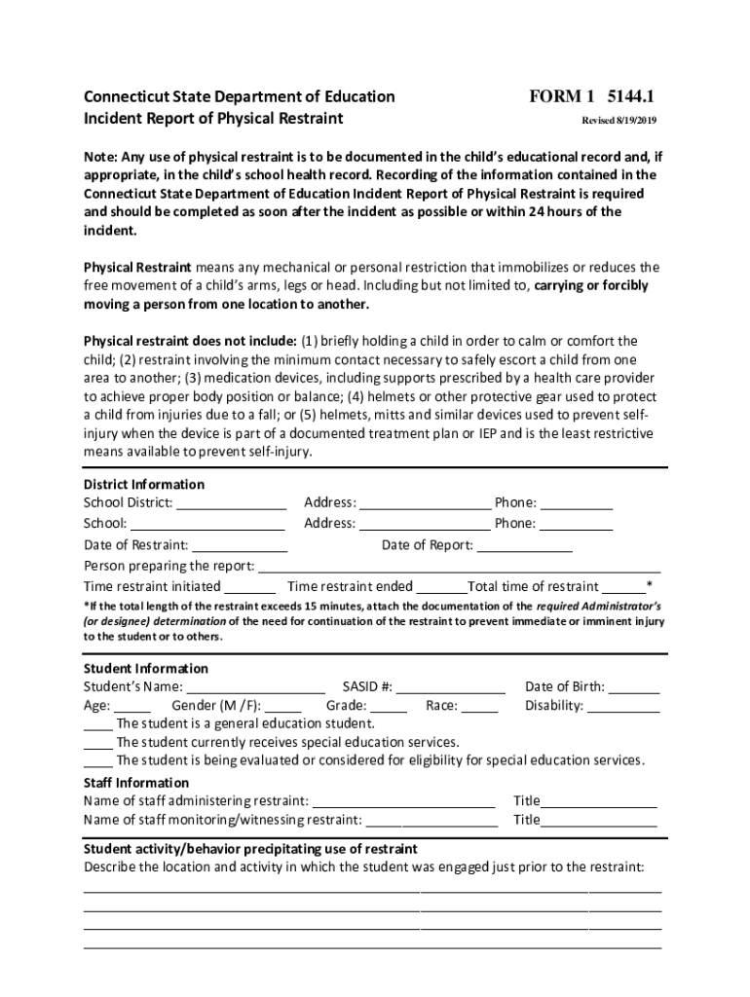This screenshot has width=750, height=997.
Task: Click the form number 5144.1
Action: click(630, 96)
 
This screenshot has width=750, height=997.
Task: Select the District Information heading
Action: click(144, 484)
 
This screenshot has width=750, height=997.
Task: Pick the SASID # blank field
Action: click(451, 688)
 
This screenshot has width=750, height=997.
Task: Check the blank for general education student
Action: click(97, 725)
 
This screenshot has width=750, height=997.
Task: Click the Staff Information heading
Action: click(136, 783)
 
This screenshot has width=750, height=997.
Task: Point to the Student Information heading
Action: click(146, 668)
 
